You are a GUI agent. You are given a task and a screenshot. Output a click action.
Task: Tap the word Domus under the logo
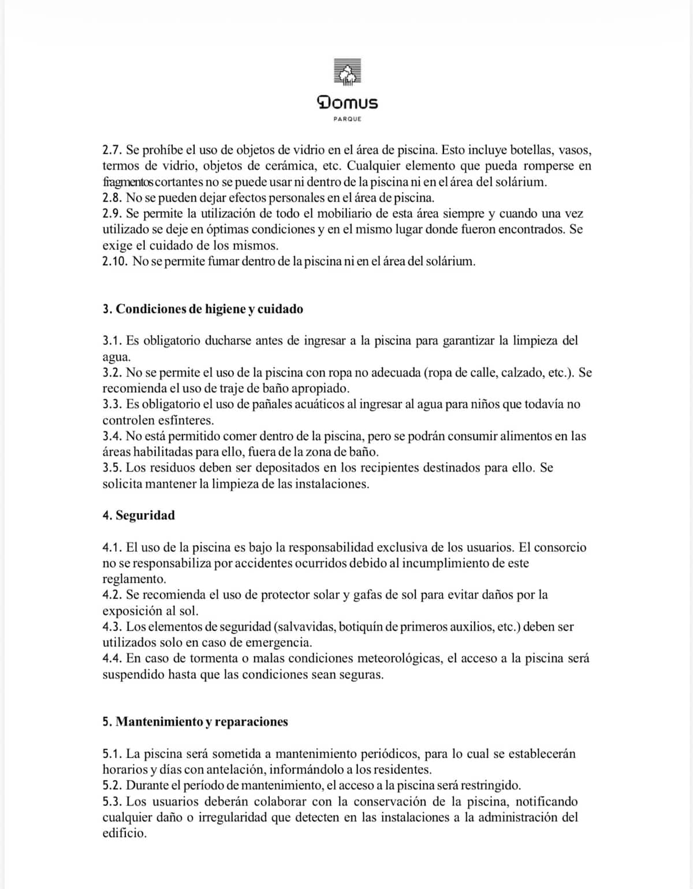348,103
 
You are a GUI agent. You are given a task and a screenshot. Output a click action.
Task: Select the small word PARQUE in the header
348,119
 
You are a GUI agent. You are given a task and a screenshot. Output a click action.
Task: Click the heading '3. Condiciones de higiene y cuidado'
203,309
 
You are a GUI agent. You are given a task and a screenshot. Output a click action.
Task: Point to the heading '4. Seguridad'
139,515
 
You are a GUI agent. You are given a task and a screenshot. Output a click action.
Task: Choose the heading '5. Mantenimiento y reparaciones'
195,721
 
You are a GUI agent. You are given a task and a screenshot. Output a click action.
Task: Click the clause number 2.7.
112,150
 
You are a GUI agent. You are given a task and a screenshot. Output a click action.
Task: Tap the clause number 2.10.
115,261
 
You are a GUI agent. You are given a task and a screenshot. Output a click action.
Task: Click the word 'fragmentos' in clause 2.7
128,182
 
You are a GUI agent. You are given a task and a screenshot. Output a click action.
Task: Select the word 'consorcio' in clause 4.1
560,547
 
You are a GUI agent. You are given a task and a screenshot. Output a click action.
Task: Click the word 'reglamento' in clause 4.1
134,579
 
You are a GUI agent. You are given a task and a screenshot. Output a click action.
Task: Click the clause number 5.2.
112,786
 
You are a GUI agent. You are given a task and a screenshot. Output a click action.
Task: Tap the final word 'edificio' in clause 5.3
124,834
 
